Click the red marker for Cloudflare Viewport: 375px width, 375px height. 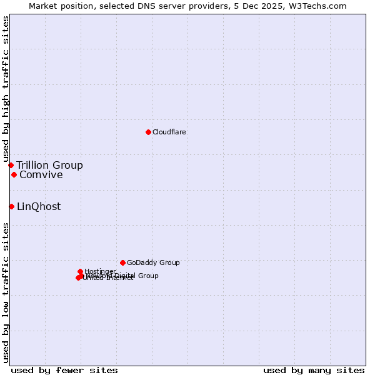click(148, 132)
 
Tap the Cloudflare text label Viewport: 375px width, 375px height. click(169, 132)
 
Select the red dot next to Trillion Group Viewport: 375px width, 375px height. click(11, 165)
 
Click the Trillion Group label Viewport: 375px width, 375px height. click(49, 166)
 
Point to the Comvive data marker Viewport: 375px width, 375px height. click(14, 174)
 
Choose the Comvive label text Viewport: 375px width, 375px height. click(41, 175)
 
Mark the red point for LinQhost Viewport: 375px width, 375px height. click(11, 206)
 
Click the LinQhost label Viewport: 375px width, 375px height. click(39, 207)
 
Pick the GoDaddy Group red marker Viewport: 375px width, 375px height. click(122, 262)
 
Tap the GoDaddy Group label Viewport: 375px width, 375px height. click(153, 263)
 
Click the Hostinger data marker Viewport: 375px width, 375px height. click(80, 271)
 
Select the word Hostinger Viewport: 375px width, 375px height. click(100, 271)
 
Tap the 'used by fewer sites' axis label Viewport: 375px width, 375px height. click(64, 371)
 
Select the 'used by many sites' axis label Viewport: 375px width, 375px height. click(314, 371)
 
